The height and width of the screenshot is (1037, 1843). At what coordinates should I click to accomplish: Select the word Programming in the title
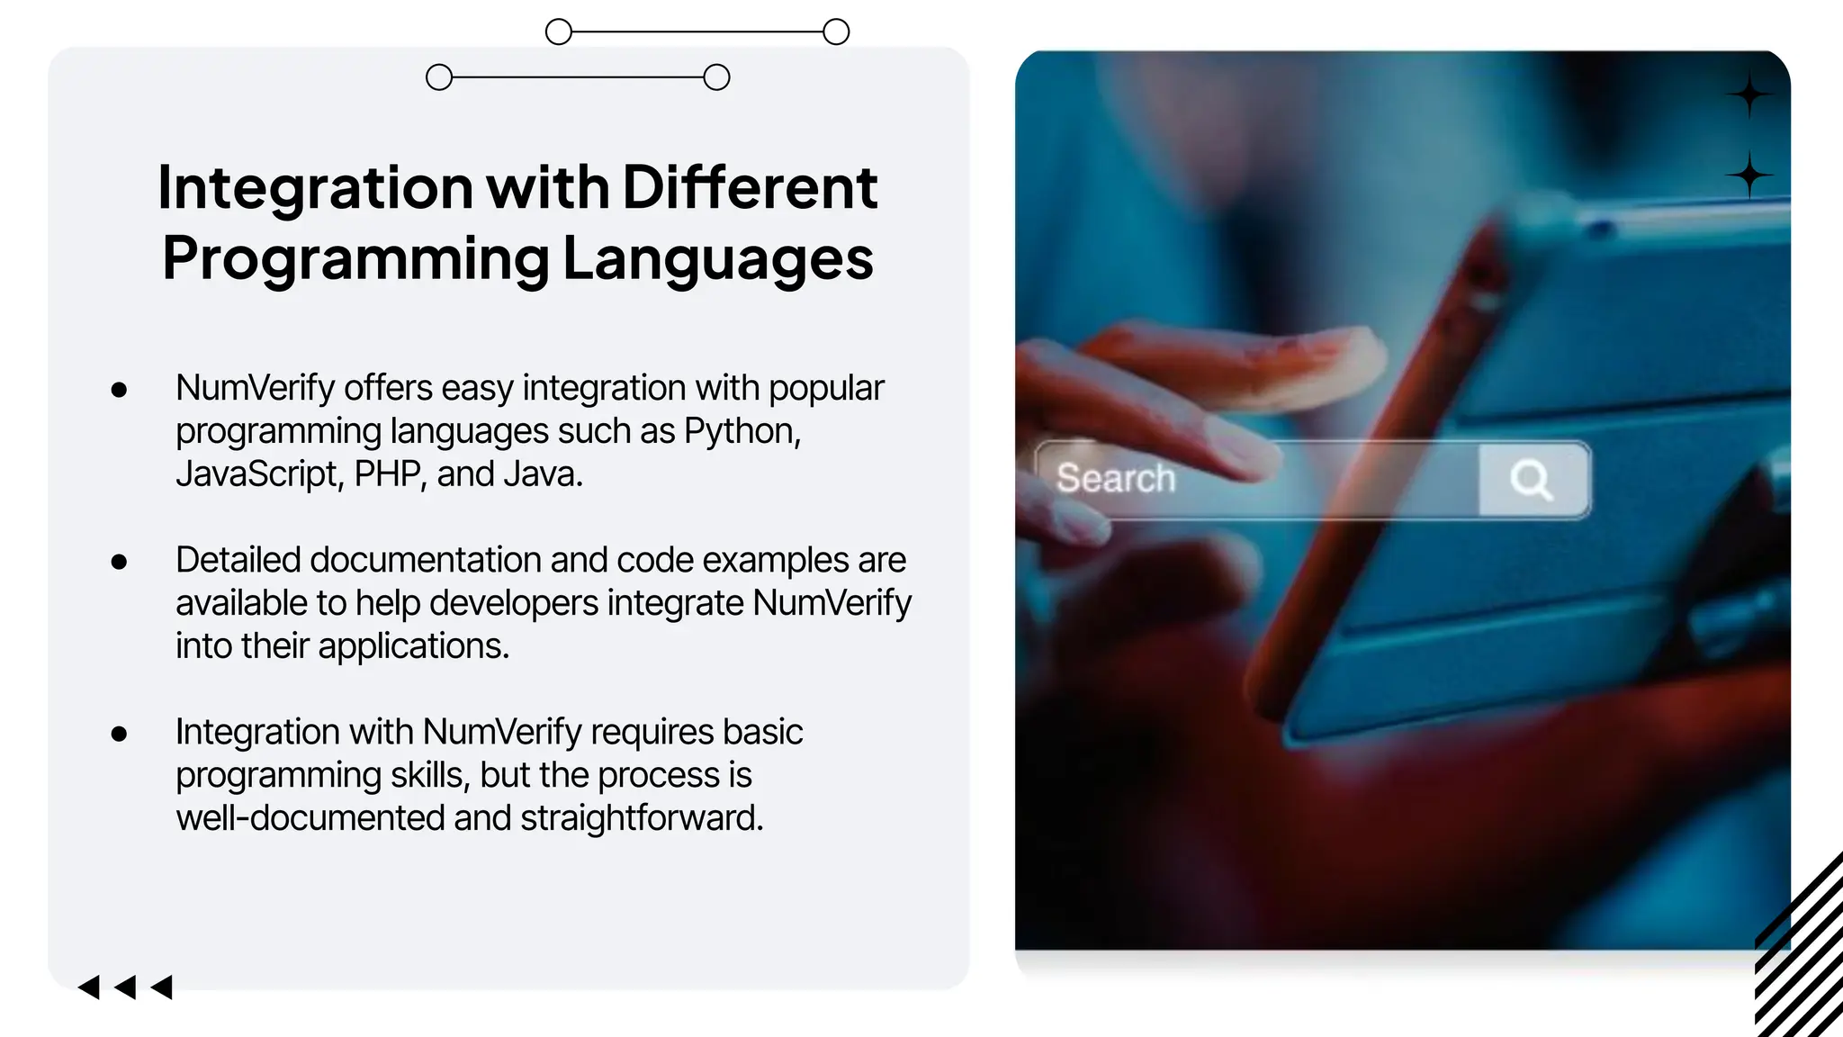coord(355,259)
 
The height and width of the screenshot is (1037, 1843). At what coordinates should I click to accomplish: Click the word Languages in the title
coord(718,259)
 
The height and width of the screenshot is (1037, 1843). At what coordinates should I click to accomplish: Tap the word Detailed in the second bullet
coord(238,560)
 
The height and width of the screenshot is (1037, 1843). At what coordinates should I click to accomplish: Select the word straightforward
coord(642,818)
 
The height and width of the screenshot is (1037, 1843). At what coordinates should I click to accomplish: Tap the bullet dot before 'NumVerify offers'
coord(119,390)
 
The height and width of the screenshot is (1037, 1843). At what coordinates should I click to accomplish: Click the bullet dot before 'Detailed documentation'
coord(119,562)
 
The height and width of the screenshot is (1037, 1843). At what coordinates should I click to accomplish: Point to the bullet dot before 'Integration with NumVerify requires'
coord(119,734)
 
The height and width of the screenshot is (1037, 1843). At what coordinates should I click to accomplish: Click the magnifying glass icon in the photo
coord(1531,479)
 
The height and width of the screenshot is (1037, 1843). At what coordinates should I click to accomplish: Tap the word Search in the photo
coord(1116,478)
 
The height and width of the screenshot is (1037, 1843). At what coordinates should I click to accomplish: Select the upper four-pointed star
coord(1749,95)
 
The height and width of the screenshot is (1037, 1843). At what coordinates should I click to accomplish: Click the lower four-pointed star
coord(1749,175)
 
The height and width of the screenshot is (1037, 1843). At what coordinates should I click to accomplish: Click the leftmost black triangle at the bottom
coord(89,987)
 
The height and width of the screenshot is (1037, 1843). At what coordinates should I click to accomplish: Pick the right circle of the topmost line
coord(836,32)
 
